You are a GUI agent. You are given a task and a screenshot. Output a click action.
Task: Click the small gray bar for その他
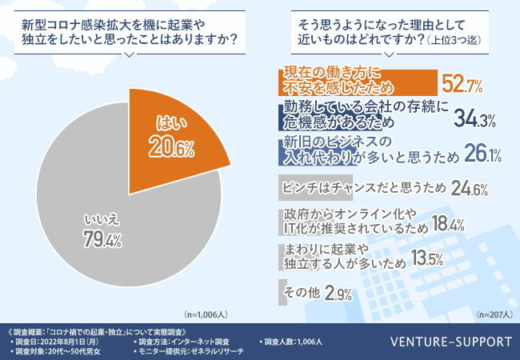[x=281, y=291]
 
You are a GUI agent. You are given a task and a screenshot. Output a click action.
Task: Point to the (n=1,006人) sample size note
[x=206, y=316]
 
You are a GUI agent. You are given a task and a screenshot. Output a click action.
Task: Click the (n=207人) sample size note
[x=491, y=316]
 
